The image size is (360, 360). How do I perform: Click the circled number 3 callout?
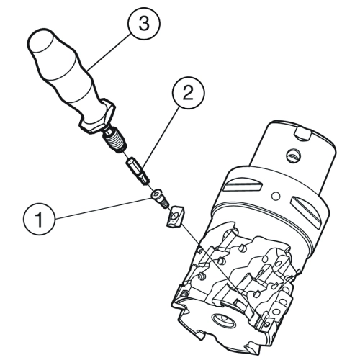click(144, 24)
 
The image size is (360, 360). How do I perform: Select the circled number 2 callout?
click(188, 93)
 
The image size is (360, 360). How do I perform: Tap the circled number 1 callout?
click(39, 219)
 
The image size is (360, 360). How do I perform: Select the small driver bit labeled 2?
click(138, 171)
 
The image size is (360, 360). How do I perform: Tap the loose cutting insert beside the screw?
click(175, 215)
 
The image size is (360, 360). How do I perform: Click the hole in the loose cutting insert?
click(174, 216)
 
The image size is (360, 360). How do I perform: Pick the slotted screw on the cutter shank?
click(294, 156)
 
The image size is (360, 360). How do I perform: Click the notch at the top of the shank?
click(304, 134)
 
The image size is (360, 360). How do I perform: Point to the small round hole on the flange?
click(276, 196)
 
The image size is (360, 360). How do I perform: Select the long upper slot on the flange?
click(243, 186)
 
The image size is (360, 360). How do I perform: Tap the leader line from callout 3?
click(110, 52)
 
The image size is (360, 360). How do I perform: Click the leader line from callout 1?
click(104, 208)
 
